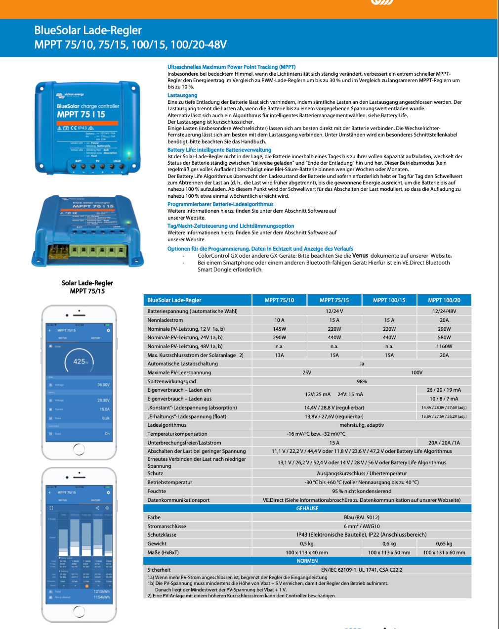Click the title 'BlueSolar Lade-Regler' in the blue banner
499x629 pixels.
pyautogui.click(x=88, y=30)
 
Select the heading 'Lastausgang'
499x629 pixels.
pyautogui.click(x=182, y=95)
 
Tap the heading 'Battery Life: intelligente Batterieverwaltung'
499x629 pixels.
pyautogui.click(x=219, y=150)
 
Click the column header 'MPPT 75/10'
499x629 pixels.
pyautogui.click(x=279, y=300)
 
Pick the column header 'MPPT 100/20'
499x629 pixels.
pyautogui.click(x=444, y=300)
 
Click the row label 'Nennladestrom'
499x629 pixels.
pyautogui.click(x=165, y=320)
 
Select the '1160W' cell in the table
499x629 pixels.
pyautogui.click(x=444, y=346)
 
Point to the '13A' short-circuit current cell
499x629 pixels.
pyautogui.click(x=279, y=355)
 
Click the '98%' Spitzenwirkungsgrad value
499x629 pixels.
pyautogui.click(x=362, y=381)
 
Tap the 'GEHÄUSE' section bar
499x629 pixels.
pyautogui.click(x=307, y=508)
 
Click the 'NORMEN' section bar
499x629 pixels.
pyautogui.click(x=307, y=561)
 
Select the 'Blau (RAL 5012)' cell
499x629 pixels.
pyautogui.click(x=362, y=517)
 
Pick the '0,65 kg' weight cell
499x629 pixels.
pyautogui.click(x=444, y=543)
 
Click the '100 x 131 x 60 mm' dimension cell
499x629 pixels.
pyautogui.click(x=444, y=552)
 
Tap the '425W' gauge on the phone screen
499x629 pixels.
pyautogui.click(x=80, y=361)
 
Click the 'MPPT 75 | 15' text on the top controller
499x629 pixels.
pyautogui.click(x=81, y=114)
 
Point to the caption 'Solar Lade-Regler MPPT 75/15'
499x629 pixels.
pyautogui.click(x=87, y=287)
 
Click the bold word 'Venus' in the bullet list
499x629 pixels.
pyautogui.click(x=360, y=256)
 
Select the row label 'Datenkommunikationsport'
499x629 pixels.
pyautogui.click(x=178, y=500)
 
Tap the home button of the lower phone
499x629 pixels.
pyautogui.click(x=79, y=612)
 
